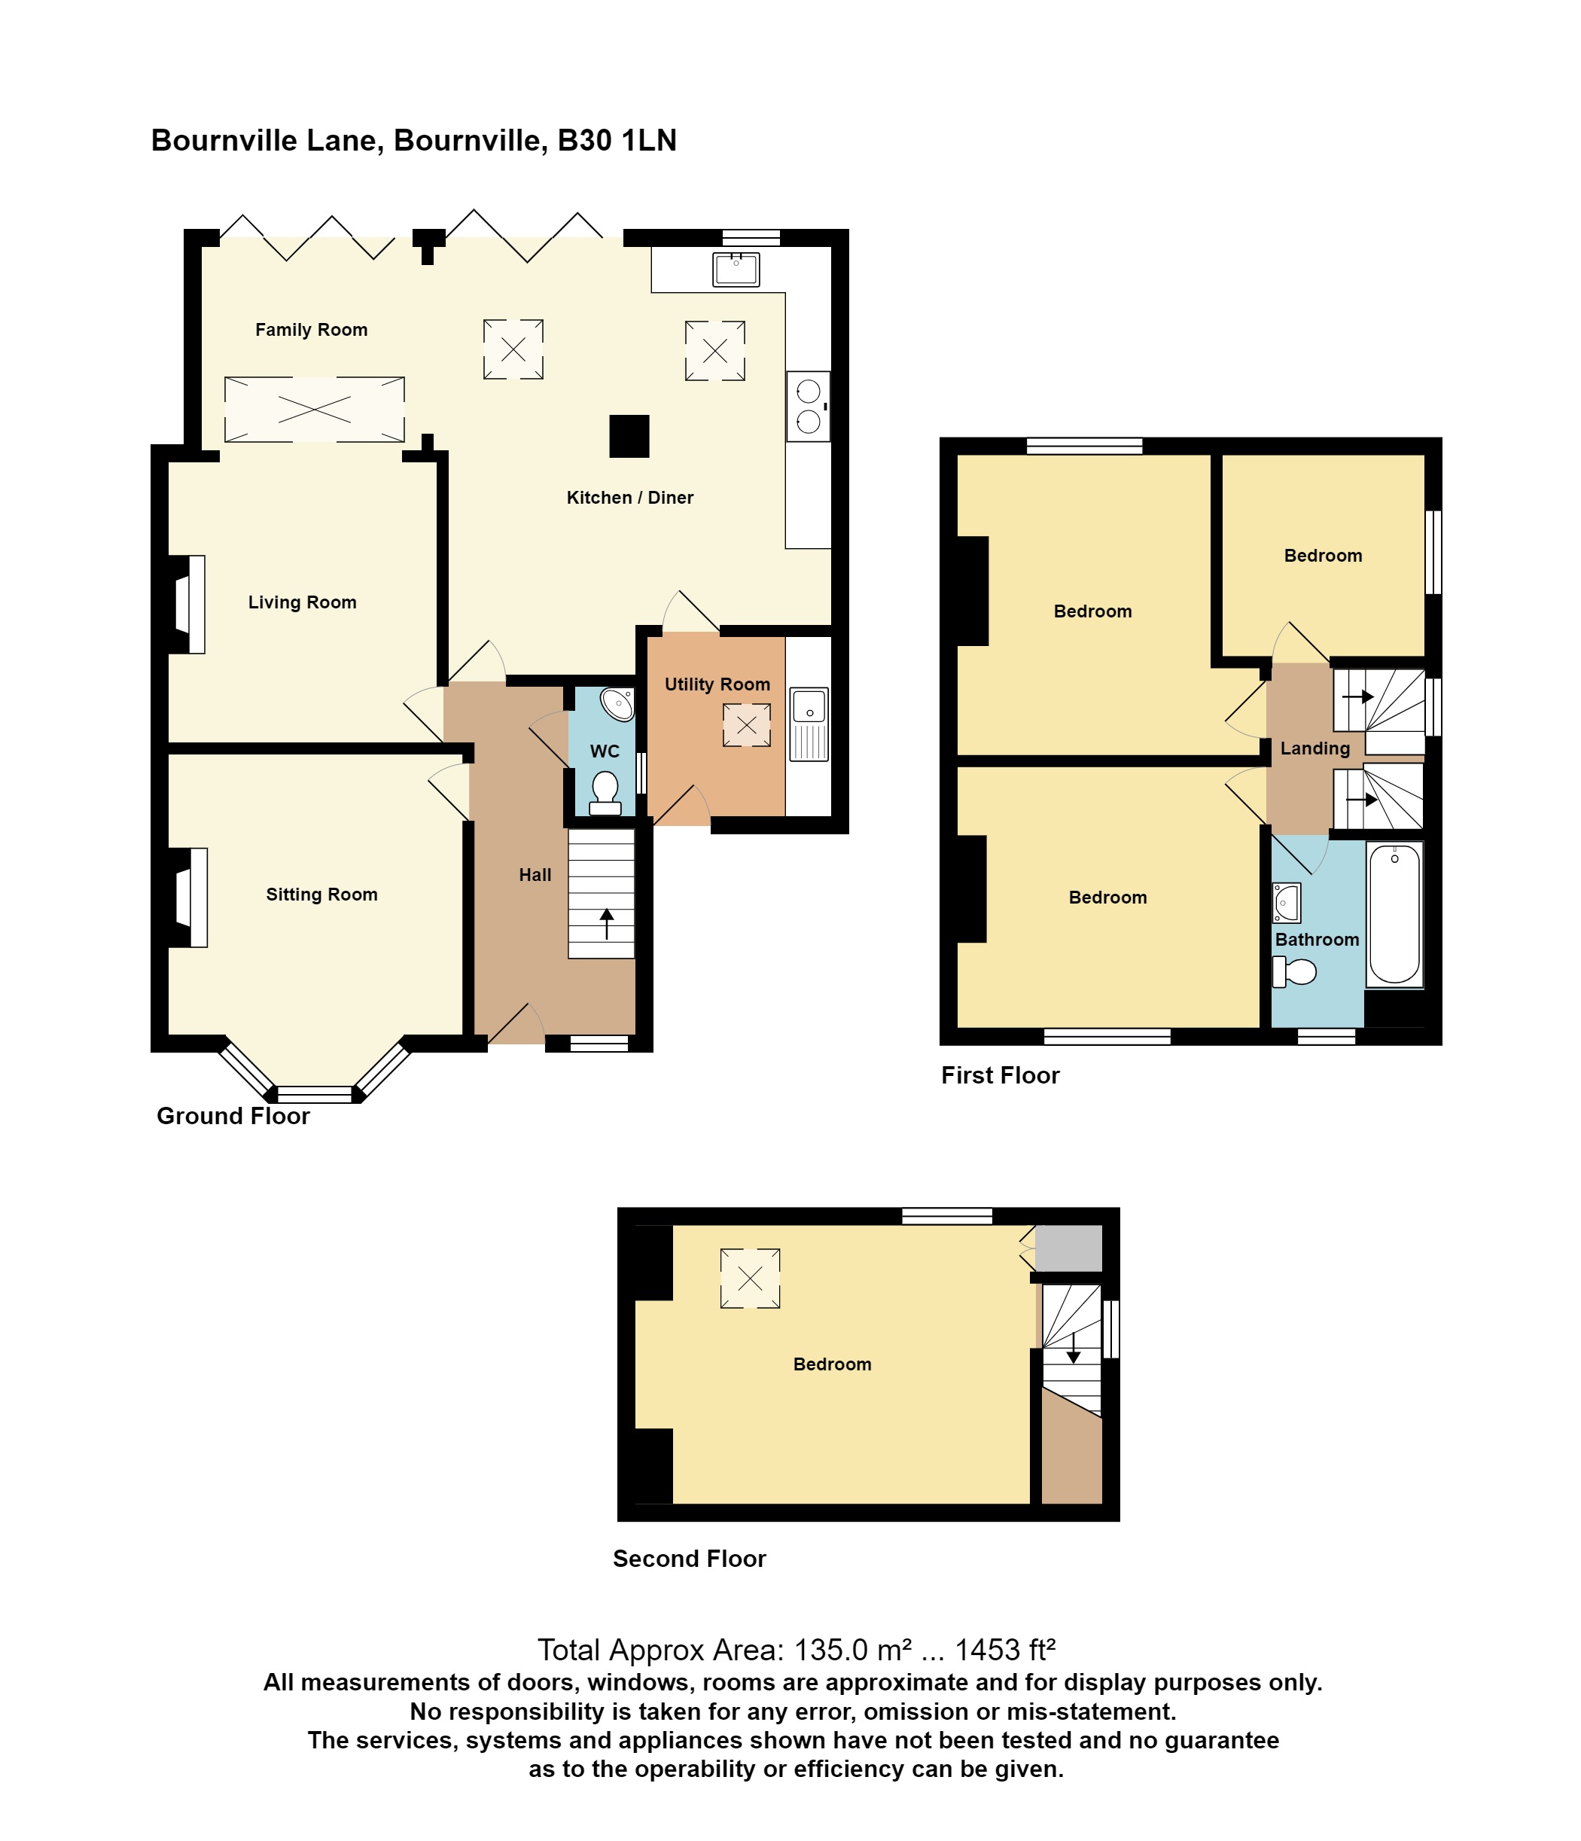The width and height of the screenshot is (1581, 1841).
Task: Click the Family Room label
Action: (311, 330)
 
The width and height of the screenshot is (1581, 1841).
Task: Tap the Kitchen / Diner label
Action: (629, 498)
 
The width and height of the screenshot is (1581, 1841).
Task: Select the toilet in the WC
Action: (605, 794)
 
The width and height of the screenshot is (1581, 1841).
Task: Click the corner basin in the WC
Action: (618, 704)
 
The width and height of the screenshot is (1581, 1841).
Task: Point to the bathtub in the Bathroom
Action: (1394, 914)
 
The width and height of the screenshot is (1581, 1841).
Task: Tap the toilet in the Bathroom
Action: (1294, 971)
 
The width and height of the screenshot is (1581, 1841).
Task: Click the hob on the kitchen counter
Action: (809, 406)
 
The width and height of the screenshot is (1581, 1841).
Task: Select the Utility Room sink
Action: (809, 724)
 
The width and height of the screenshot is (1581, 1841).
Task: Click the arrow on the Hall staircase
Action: (607, 923)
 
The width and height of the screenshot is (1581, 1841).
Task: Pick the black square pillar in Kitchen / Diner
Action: (629, 436)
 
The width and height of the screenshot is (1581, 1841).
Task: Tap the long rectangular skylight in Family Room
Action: (315, 409)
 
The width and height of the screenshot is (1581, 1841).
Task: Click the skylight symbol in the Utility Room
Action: (747, 725)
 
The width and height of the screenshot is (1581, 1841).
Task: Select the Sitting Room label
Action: (321, 895)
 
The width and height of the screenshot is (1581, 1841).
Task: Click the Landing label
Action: (1314, 748)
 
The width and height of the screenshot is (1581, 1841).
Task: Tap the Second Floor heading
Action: (690, 1559)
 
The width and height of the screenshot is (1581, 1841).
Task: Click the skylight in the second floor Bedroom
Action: (750, 1278)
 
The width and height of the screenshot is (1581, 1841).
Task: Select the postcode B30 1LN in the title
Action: (617, 140)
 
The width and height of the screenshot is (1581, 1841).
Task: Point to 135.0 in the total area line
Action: (830, 1650)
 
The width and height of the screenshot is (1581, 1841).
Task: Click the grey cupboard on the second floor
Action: (1068, 1248)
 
